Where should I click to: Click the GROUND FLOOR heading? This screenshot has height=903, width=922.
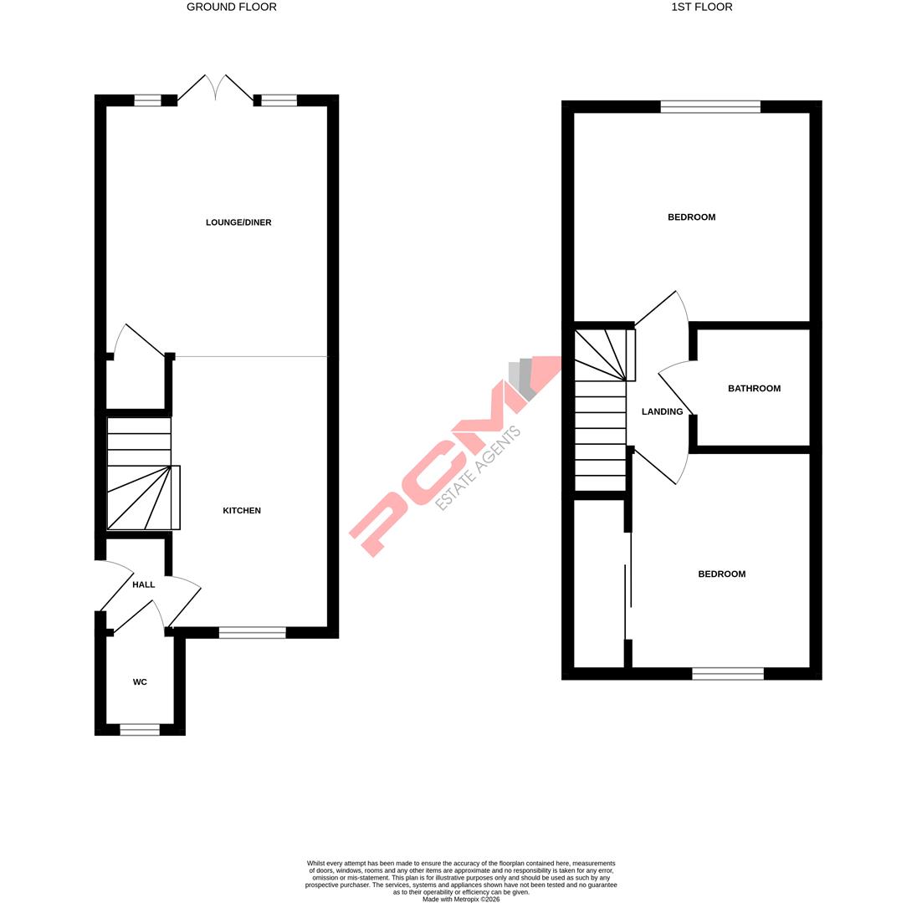pyautogui.click(x=231, y=7)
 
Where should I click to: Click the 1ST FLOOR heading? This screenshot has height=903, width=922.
pyautogui.click(x=701, y=7)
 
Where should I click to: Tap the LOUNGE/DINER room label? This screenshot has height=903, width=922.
pyautogui.click(x=238, y=222)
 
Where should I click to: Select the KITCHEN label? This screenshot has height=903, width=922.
pyautogui.click(x=241, y=510)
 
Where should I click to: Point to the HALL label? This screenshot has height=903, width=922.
pyautogui.click(x=143, y=584)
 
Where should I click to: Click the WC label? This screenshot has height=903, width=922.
pyautogui.click(x=140, y=682)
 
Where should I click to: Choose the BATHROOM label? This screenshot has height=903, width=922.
pyautogui.click(x=754, y=388)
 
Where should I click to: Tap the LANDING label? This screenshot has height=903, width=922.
pyautogui.click(x=662, y=411)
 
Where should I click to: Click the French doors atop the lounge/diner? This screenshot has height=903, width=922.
pyautogui.click(x=216, y=89)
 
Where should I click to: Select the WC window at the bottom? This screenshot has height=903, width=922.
pyautogui.click(x=140, y=730)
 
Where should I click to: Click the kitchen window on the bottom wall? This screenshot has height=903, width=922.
pyautogui.click(x=252, y=633)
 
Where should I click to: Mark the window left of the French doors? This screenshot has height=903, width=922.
pyautogui.click(x=147, y=100)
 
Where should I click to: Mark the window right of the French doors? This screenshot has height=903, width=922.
pyautogui.click(x=279, y=100)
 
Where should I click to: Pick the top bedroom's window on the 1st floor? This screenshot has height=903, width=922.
pyautogui.click(x=709, y=106)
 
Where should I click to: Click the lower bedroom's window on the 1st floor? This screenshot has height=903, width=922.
pyautogui.click(x=727, y=674)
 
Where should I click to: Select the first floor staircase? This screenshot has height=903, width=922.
pyautogui.click(x=601, y=410)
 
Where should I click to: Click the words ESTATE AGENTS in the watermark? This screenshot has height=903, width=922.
pyautogui.click(x=479, y=468)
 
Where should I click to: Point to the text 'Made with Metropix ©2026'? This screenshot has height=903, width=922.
pyautogui.click(x=461, y=900)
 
